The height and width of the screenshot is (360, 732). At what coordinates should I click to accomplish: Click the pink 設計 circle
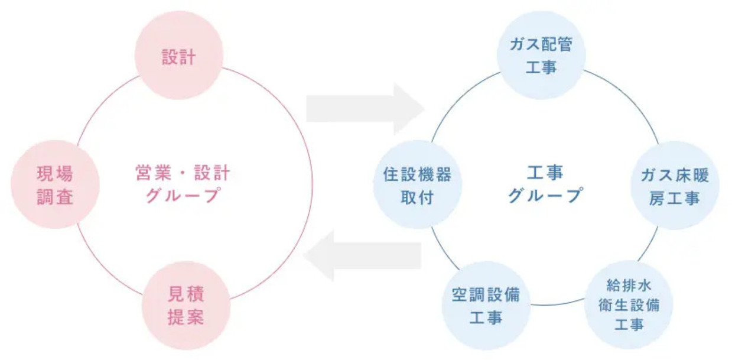pyautogui.click(x=179, y=56)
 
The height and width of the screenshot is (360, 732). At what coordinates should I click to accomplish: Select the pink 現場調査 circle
pyautogui.click(x=55, y=185)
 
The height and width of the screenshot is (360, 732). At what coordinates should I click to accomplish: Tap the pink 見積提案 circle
pyautogui.click(x=187, y=305)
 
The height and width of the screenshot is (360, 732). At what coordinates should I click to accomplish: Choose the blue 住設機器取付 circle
pyautogui.click(x=417, y=185)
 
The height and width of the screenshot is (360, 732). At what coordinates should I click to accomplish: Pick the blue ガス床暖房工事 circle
pyautogui.click(x=675, y=186)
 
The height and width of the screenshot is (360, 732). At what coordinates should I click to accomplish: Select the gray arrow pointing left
pyautogui.click(x=363, y=255)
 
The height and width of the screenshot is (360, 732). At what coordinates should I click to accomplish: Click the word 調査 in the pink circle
pyautogui.click(x=55, y=196)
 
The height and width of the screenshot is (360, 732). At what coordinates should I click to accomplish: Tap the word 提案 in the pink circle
pyautogui.click(x=187, y=317)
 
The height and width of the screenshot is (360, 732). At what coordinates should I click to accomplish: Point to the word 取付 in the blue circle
pyautogui.click(x=417, y=197)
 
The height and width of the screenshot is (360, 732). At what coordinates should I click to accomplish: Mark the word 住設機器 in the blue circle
pyautogui.click(x=417, y=174)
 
